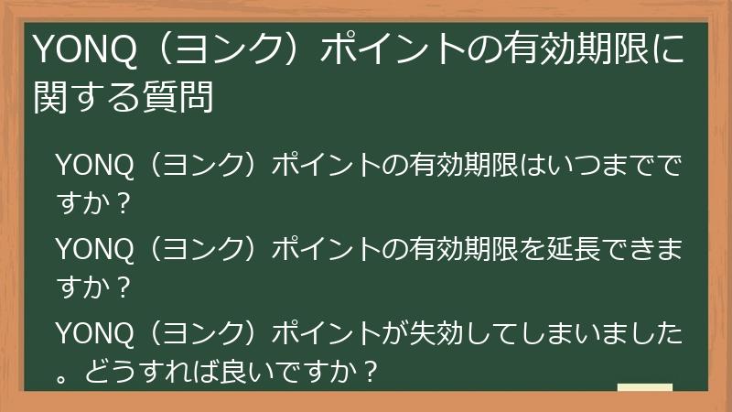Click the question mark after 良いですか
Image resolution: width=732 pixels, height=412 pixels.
pos(370,372)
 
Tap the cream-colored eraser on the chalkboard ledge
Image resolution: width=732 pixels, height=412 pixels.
pos(645,388)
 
